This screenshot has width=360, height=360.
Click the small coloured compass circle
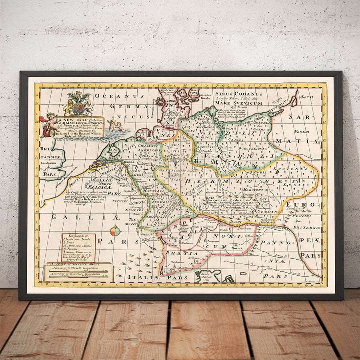tap(115, 231)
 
